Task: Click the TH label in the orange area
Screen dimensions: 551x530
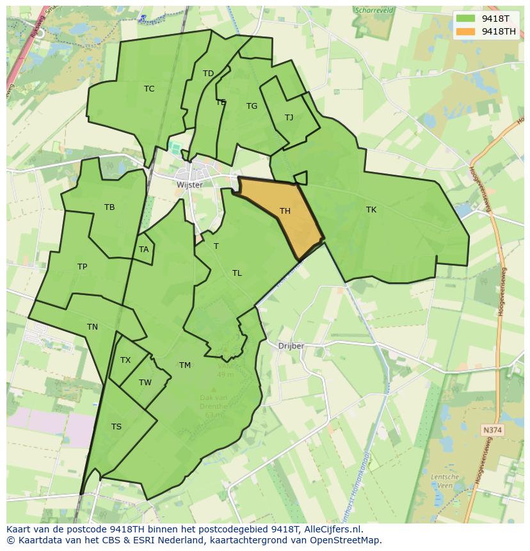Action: [285, 211]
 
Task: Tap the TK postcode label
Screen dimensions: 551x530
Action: [371, 210]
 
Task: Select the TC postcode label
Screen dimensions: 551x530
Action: [149, 89]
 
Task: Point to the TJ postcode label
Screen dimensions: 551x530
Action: [289, 118]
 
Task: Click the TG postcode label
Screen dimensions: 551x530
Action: [252, 106]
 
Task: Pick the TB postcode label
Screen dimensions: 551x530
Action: [109, 207]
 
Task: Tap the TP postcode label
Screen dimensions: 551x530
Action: [82, 267]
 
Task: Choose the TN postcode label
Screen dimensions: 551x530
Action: [92, 327]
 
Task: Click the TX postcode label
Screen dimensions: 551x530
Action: [125, 360]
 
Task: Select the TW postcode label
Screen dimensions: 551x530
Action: [145, 383]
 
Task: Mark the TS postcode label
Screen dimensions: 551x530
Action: [116, 427]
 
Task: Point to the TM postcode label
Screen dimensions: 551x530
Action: [185, 365]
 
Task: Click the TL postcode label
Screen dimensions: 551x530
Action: [237, 273]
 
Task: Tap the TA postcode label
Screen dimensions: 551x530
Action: [143, 250]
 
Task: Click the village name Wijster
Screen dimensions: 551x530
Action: [189, 185]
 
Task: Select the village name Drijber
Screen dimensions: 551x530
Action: [291, 346]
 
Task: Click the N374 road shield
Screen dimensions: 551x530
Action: [492, 431]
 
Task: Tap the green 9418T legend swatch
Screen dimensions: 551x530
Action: [465, 18]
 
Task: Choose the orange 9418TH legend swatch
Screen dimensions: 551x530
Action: [465, 31]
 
